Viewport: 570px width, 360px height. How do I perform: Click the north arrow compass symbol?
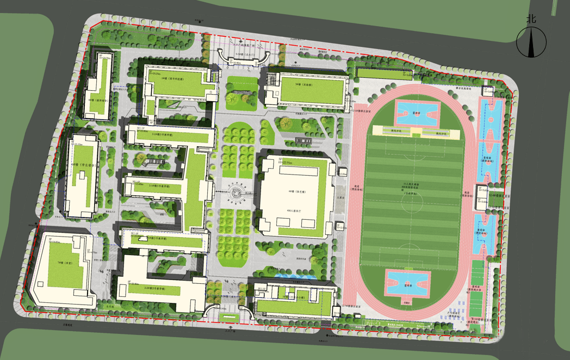[x=531, y=43]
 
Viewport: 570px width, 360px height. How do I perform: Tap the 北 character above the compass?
[x=531, y=18]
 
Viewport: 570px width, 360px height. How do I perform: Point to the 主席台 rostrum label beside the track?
[x=342, y=198]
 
